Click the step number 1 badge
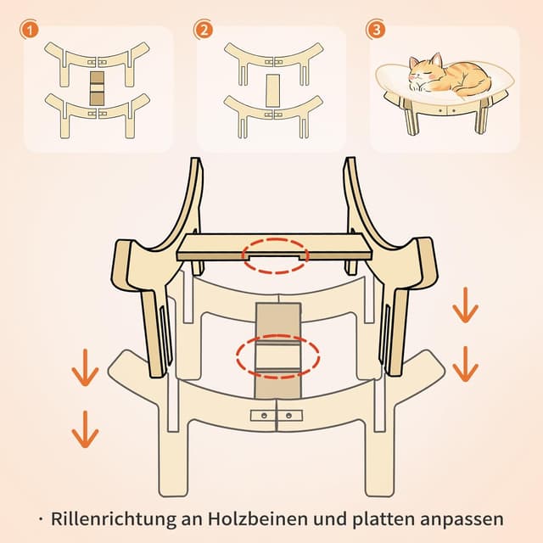[x=30, y=31]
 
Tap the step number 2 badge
[x=204, y=31]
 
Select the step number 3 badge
[x=376, y=31]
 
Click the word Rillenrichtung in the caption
[x=114, y=519]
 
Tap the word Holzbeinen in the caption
[x=258, y=518]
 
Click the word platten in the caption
[x=383, y=519]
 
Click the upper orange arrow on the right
[x=466, y=305]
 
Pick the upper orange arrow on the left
[x=85, y=367]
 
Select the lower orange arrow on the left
[x=85, y=429]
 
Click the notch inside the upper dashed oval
[x=275, y=257]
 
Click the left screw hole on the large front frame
[x=264, y=415]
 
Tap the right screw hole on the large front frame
[x=288, y=415]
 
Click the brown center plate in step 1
[x=97, y=88]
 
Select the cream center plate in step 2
[x=272, y=91]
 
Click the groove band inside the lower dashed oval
[x=277, y=356]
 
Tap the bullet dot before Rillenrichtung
[x=41, y=519]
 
